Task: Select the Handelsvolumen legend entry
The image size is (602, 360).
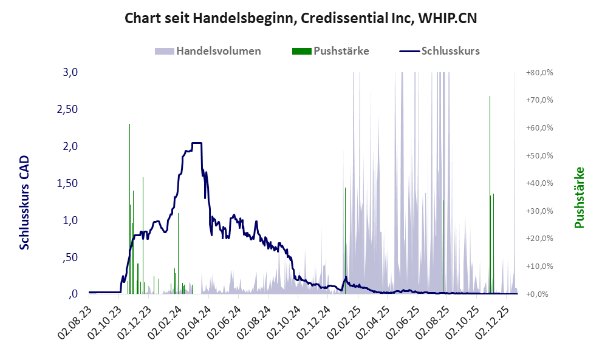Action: tap(219, 50)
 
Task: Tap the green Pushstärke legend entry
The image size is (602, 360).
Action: tap(341, 50)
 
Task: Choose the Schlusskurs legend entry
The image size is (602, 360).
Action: tap(450, 50)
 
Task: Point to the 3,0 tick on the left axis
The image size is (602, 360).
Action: tap(70, 72)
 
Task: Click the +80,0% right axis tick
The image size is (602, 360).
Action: tap(539, 72)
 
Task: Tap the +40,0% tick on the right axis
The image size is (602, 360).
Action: tap(539, 183)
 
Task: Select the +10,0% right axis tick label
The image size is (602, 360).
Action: tap(539, 267)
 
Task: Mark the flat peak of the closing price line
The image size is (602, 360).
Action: tap(196, 143)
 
